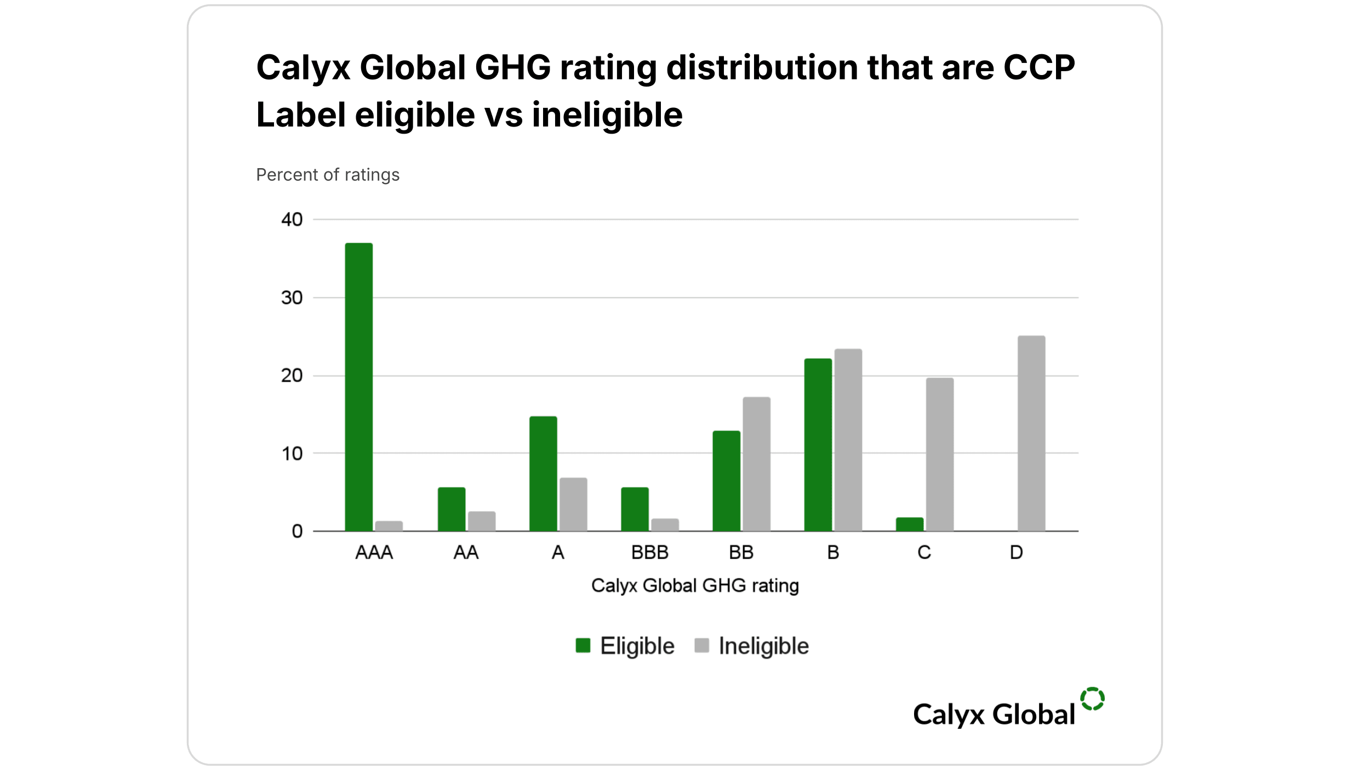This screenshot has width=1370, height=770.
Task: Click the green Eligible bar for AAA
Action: (358, 387)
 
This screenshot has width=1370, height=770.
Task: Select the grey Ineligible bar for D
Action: (1031, 433)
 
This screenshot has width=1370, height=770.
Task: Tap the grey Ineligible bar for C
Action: (940, 454)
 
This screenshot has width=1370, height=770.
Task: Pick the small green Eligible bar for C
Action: (910, 524)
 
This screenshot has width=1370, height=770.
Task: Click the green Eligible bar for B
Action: (818, 445)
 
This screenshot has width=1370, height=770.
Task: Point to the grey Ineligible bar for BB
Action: (756, 464)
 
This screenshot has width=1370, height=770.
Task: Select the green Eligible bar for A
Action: (543, 473)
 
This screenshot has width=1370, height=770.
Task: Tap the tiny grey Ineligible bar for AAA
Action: (389, 526)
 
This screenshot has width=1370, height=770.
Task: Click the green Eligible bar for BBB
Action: (635, 509)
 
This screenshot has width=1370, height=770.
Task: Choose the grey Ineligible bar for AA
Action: (482, 521)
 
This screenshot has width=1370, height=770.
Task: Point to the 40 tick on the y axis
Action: (292, 220)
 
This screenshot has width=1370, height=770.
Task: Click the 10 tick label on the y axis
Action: (292, 453)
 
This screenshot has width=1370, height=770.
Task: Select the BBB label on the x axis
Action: (649, 553)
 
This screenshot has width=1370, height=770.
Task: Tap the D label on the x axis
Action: (1016, 553)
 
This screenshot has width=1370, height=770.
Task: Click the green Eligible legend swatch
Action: (583, 646)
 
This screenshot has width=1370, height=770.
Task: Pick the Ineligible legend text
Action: (763, 646)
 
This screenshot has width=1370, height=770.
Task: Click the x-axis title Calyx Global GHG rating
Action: (695, 585)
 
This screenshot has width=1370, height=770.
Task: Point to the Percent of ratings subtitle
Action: (328, 175)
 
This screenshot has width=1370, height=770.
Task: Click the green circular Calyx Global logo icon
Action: (1092, 699)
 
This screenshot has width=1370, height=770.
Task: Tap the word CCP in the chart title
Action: (1038, 68)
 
